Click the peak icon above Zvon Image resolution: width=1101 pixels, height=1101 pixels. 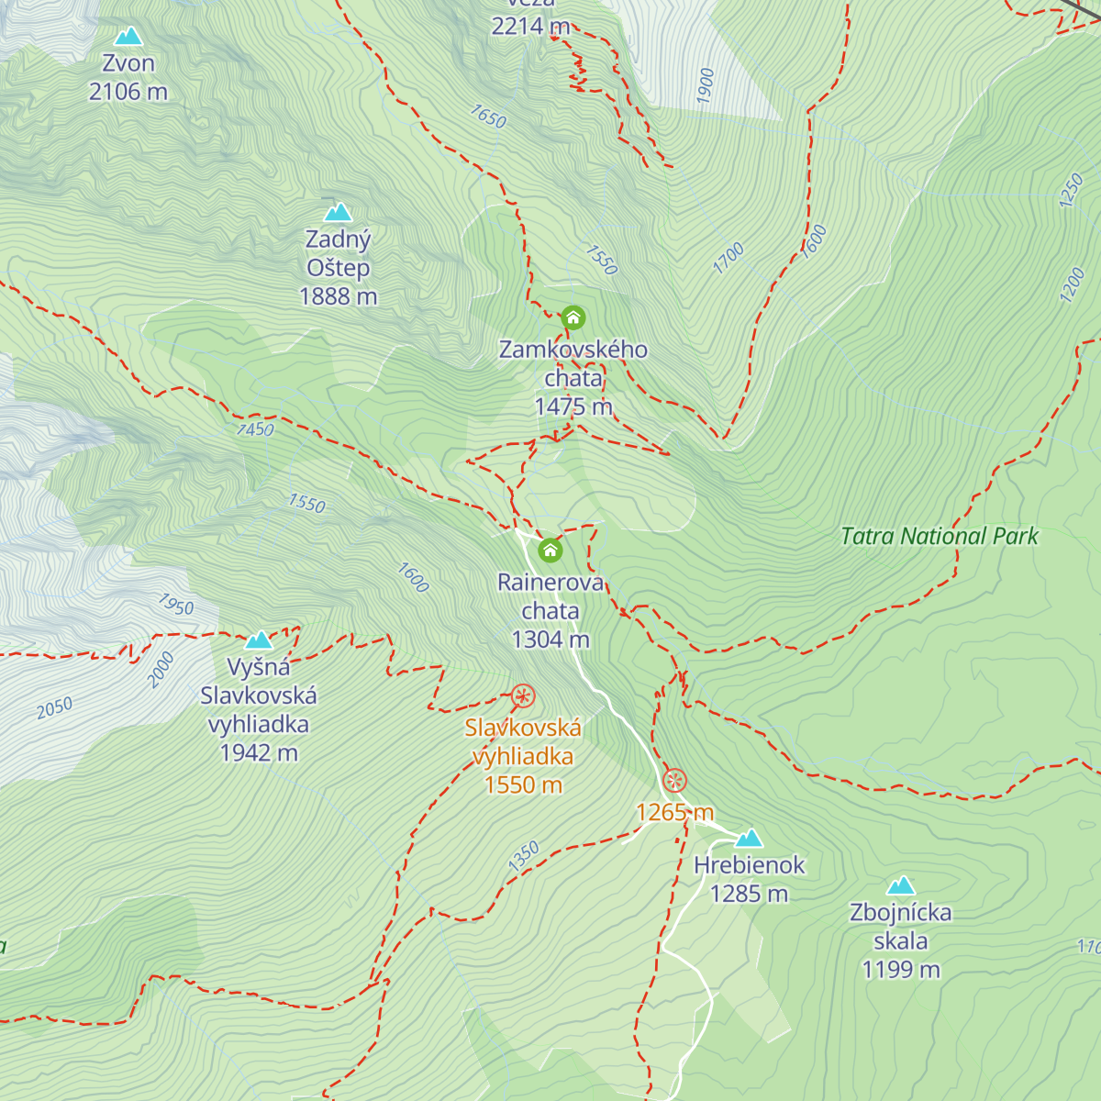coord(128,37)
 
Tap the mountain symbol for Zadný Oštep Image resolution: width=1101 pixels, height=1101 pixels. coord(339,213)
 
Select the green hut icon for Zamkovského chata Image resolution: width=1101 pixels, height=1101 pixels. coord(573,318)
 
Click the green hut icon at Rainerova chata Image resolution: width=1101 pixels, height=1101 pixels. coord(550,550)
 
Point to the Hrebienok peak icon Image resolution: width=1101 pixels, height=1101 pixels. coord(750,838)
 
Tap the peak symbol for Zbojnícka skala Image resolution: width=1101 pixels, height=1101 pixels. coord(901,885)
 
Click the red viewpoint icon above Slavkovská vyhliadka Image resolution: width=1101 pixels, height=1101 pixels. coord(523,696)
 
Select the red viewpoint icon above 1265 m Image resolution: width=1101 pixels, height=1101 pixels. coord(674,781)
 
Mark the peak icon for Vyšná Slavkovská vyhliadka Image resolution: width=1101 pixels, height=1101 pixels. coord(259,639)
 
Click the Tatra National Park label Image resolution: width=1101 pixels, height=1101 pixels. coord(940,537)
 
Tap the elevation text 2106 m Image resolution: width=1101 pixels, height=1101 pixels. coord(128,92)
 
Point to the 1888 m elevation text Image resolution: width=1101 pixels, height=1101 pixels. coord(339,296)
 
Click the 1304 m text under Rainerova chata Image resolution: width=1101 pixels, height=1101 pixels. coord(550,639)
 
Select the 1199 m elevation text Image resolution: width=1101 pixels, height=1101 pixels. coord(901,970)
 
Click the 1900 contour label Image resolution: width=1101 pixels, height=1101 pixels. coord(705,85)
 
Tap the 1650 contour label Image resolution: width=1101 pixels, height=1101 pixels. coord(488,117)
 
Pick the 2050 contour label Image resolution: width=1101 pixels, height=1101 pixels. coord(54,707)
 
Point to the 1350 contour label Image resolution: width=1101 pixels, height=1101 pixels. coord(524,856)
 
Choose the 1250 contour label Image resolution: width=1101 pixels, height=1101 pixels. coord(1071,191)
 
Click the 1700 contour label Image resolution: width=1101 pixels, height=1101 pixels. coord(728,258)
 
